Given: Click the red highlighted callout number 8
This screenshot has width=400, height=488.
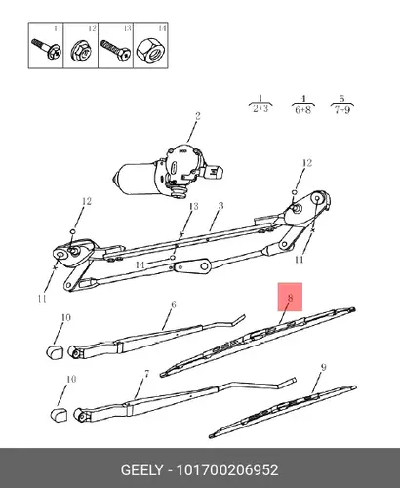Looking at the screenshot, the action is tap(290, 298).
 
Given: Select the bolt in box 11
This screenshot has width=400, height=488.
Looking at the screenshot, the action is tap(46, 49).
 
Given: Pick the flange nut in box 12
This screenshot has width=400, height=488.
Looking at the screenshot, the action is tap(81, 51).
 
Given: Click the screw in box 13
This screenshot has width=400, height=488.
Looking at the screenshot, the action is tap(115, 50).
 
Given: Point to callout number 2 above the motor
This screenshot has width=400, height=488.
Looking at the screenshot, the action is tap(197, 116).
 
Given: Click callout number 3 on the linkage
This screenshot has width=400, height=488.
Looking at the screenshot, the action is tap(221, 206).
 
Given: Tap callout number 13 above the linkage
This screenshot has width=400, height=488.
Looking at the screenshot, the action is tap(193, 206).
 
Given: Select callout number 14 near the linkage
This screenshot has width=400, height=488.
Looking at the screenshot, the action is tap(140, 265).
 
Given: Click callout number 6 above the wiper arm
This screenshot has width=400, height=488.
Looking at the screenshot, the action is tap(174, 305).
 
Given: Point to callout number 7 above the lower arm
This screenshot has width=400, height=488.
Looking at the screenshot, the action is tap(147, 374).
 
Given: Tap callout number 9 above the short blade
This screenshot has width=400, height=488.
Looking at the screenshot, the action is tap(323, 367).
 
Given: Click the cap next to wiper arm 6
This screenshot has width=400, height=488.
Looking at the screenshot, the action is tap(54, 352).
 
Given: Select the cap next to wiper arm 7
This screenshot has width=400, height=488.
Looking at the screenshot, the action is tap(59, 415).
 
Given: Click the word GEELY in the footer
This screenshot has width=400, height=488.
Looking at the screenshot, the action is tap(141, 470).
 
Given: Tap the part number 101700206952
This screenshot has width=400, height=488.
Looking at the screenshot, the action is tap(227, 470).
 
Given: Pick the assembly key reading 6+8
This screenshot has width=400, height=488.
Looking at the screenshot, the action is tap(302, 110).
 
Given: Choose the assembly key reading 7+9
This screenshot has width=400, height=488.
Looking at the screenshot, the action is tap(342, 110).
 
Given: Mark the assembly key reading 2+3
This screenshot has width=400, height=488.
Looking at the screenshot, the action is tap(260, 108).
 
